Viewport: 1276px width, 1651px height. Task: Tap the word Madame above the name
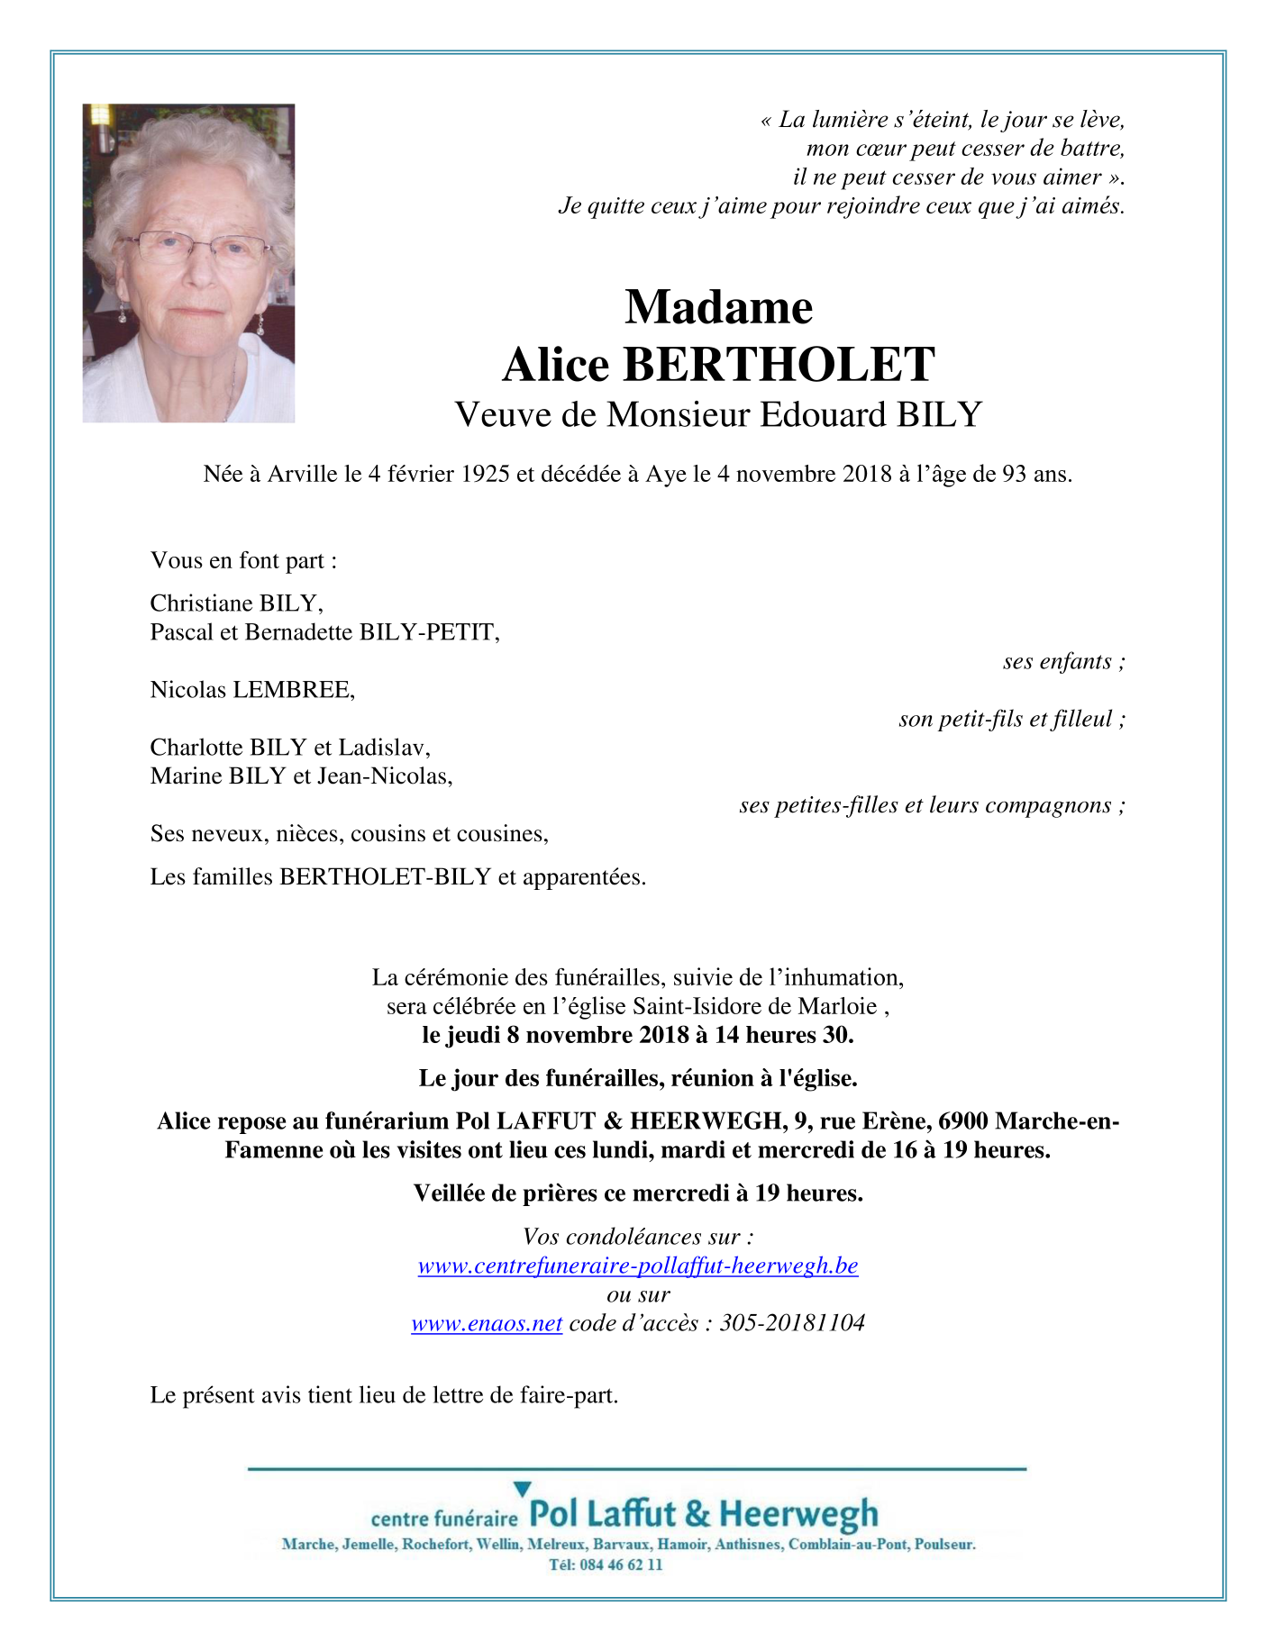pyautogui.click(x=718, y=307)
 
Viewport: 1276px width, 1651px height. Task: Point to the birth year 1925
pyautogui.click(x=486, y=474)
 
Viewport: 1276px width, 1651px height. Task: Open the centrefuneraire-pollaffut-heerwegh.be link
pyautogui.click(x=637, y=1265)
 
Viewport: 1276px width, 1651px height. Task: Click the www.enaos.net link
pyautogui.click(x=487, y=1323)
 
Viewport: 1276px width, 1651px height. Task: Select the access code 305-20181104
pyautogui.click(x=792, y=1323)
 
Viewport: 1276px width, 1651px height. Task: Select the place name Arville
pyautogui.click(x=302, y=474)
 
